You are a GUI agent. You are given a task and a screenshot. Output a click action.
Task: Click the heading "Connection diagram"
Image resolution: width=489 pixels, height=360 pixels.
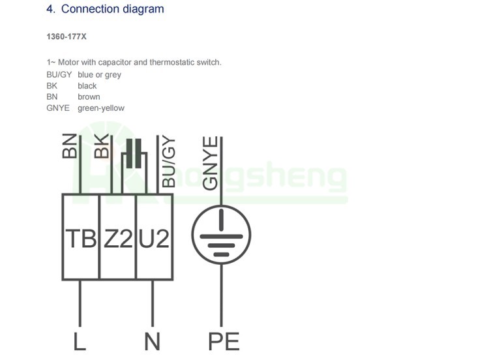coord(112,9)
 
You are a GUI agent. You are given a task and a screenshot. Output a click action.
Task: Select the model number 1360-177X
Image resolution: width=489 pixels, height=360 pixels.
coord(66,37)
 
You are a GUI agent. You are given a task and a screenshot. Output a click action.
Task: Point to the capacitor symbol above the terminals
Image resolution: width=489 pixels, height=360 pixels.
coord(133,155)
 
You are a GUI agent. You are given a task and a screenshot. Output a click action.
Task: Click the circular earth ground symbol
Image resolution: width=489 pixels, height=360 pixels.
coord(221,235)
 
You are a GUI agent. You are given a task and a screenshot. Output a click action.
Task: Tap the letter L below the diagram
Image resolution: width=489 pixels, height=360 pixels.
coord(80,340)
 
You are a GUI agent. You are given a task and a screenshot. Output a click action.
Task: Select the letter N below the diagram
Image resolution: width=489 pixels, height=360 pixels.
coord(152,340)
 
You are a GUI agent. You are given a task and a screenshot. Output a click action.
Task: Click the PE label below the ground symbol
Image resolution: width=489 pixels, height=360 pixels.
coord(223,340)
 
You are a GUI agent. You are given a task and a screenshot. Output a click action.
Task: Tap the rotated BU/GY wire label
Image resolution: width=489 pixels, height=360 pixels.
coord(169,162)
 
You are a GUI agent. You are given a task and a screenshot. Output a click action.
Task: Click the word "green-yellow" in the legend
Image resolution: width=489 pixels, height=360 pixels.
coord(100,108)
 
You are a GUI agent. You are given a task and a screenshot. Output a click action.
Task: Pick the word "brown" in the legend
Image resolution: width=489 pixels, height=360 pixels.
coord(89,97)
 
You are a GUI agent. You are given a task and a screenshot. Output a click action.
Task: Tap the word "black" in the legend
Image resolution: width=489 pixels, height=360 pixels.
coord(87,86)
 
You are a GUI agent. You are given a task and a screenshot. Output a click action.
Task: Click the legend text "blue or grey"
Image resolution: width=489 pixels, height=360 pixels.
coord(99,75)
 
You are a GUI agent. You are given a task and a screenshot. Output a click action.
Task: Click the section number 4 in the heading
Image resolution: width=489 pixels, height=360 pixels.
coord(50,9)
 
